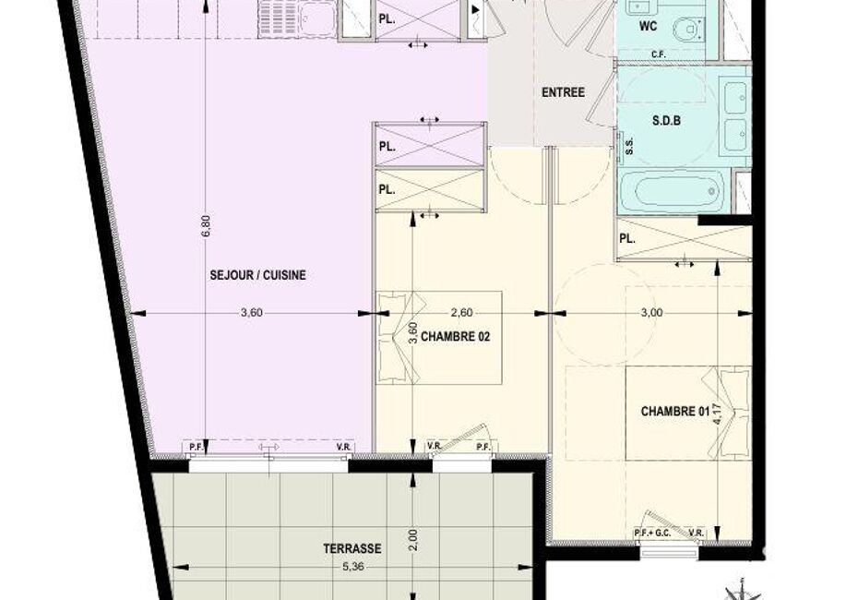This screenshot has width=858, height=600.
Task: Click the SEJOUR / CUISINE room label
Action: (257, 275)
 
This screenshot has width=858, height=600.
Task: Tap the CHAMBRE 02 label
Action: (455, 336)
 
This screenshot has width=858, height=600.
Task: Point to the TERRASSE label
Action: (352, 548)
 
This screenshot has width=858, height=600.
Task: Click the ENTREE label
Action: (563, 92)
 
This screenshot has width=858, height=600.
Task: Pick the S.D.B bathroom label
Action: (666, 120)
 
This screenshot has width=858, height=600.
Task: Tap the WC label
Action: (648, 26)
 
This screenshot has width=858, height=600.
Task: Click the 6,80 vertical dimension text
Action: (205, 225)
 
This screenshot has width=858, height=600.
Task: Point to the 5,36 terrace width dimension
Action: (353, 567)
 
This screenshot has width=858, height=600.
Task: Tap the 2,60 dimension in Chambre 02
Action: (461, 313)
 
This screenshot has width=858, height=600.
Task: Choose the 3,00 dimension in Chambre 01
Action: (651, 313)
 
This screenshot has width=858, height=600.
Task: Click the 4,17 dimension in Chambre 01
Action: (718, 414)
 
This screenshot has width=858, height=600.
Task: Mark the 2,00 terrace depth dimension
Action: (413, 539)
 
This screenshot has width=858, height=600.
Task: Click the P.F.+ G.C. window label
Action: (652, 534)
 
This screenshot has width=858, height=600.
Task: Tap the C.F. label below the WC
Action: (659, 54)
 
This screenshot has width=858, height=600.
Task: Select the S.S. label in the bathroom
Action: (629, 145)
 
